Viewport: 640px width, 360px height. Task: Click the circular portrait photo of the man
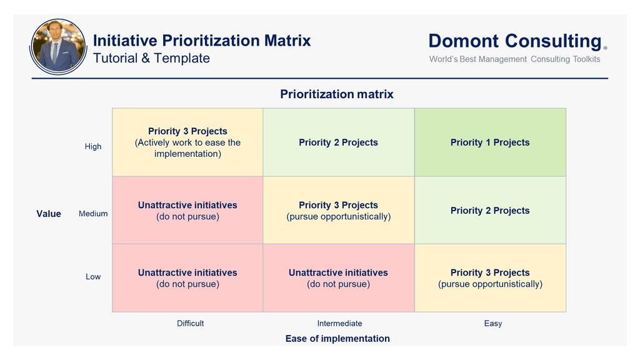pos(58,46)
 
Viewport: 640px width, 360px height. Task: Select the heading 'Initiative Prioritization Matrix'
pos(202,41)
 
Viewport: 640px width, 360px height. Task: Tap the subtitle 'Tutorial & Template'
pos(151,58)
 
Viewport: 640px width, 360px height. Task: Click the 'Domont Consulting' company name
pos(515,41)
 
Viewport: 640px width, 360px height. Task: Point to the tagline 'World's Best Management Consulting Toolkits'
pos(515,59)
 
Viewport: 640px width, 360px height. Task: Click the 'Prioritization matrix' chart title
pos(337,94)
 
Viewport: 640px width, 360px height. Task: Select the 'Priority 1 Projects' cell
pos(490,142)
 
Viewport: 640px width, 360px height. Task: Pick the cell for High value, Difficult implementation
pos(187,142)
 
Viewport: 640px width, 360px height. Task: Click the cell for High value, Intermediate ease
pos(339,142)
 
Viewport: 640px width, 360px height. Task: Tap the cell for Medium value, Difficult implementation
pos(187,210)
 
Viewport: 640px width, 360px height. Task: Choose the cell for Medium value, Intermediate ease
pos(339,210)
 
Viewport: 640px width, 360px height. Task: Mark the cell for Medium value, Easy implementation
pos(490,210)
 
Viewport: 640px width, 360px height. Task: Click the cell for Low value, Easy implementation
pos(490,278)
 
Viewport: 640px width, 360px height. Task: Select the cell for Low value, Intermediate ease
pos(339,278)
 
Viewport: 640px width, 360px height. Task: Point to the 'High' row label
pos(93,146)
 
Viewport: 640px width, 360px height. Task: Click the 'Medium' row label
pos(93,214)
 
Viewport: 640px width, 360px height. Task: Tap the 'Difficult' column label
pos(190,323)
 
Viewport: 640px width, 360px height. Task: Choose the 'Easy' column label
pos(493,324)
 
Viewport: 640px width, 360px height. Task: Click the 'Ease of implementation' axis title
pos(337,338)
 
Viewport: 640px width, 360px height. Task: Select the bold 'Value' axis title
pos(49,214)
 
